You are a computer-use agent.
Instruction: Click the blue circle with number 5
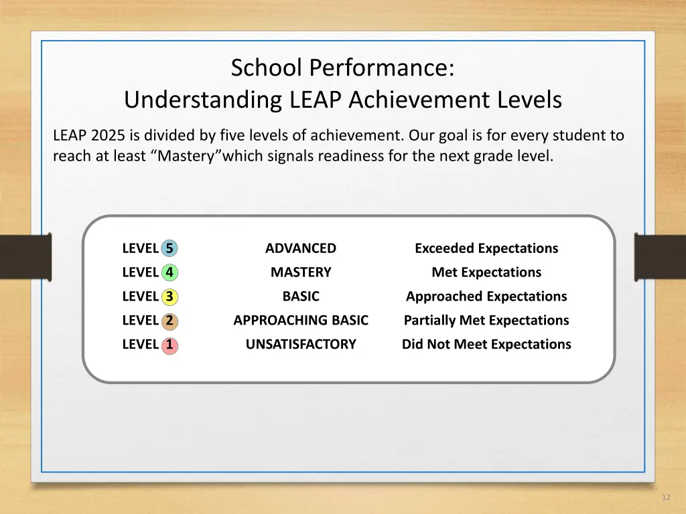169,249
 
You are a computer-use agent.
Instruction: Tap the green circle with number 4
169,273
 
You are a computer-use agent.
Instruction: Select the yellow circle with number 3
169,297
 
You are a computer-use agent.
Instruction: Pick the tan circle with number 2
169,321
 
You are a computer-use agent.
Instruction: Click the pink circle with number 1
169,345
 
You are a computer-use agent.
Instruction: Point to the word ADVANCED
301,248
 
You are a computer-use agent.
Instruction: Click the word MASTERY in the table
301,272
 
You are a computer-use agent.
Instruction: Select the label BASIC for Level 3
301,296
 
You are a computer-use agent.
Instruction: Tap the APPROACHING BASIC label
301,321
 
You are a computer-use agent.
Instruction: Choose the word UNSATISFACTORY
301,345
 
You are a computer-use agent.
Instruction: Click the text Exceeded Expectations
486,248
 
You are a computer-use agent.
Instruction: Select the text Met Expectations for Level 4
486,272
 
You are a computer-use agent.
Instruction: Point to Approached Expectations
486,296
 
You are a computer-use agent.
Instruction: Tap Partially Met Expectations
486,321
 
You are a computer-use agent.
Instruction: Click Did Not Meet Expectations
486,345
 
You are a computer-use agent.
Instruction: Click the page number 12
665,497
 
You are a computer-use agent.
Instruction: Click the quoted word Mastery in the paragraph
186,157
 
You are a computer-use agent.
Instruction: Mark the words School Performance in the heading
342,68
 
